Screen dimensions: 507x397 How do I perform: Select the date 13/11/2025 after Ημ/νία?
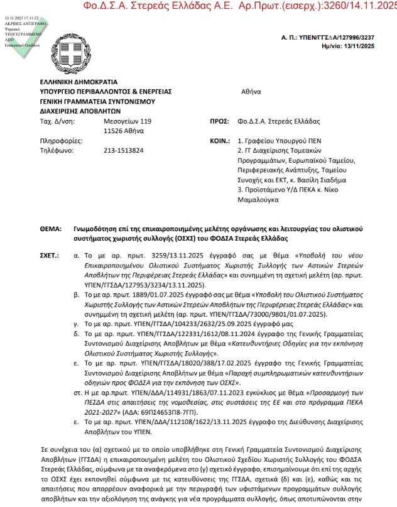point(364,46)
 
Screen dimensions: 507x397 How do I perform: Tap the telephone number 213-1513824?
point(124,150)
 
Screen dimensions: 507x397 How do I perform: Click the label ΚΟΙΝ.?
point(219,141)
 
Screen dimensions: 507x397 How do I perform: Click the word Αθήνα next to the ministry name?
point(251,91)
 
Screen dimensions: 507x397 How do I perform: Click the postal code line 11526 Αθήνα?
point(124,131)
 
